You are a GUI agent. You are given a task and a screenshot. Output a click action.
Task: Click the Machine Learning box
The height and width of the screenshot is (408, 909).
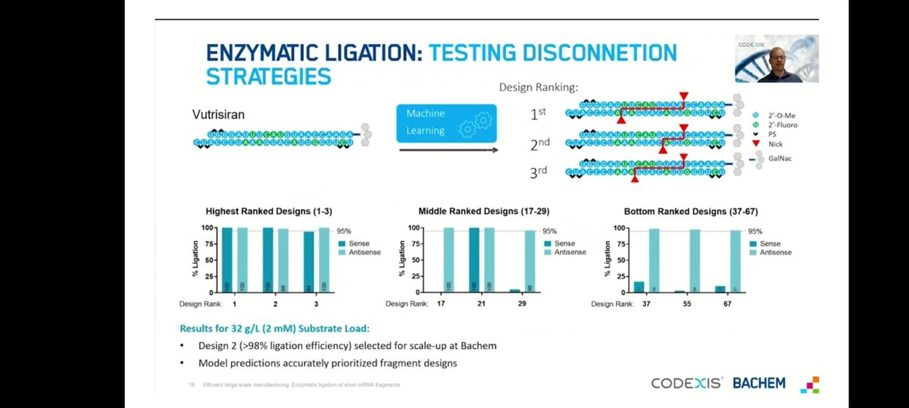(x=445, y=123)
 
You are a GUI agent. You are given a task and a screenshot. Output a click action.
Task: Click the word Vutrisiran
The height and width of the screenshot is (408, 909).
(x=221, y=113)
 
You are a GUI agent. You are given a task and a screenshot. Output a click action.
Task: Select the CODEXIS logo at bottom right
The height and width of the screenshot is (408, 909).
(x=686, y=383)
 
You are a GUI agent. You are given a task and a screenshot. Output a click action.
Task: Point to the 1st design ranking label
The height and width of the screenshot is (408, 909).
(x=538, y=113)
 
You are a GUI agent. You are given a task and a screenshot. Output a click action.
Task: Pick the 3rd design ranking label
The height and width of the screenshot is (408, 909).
(x=538, y=171)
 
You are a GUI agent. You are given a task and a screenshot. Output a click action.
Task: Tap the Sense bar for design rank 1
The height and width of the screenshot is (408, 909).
(x=227, y=259)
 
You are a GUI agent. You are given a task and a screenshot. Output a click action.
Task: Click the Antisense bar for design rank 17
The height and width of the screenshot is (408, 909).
(x=448, y=259)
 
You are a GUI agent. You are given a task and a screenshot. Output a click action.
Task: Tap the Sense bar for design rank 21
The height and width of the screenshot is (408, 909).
(x=473, y=259)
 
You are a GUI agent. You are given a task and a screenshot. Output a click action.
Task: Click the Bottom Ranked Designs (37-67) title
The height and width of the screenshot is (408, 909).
(x=692, y=211)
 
